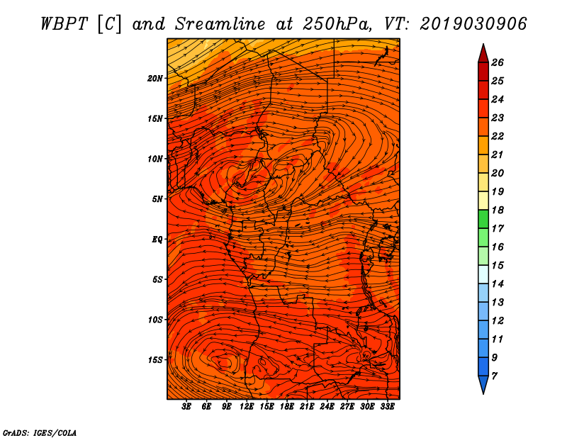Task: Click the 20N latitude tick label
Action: (155, 78)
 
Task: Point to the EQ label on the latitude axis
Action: (157, 240)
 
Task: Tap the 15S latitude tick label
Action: (155, 360)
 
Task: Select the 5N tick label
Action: (157, 199)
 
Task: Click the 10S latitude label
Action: (155, 320)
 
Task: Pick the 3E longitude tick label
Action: (186, 407)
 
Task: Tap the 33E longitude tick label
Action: (387, 407)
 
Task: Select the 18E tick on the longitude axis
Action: (287, 407)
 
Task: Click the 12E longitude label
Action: (247, 407)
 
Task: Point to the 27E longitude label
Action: (347, 407)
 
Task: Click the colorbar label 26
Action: (498, 62)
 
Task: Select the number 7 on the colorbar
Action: (494, 376)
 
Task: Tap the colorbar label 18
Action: (498, 210)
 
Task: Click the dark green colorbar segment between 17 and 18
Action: (483, 219)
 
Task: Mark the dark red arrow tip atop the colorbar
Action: (483, 44)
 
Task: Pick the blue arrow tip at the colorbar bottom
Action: (483, 394)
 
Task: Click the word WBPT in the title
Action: (64, 24)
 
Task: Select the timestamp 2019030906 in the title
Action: (473, 24)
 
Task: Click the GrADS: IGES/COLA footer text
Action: (40, 433)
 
